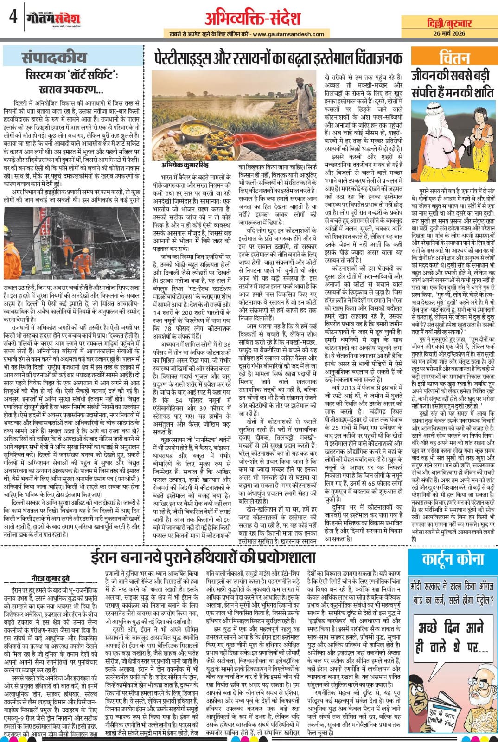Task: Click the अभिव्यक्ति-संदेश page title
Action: pos(253,18)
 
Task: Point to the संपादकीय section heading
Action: pos(54,58)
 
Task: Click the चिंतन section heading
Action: pos(453,58)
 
